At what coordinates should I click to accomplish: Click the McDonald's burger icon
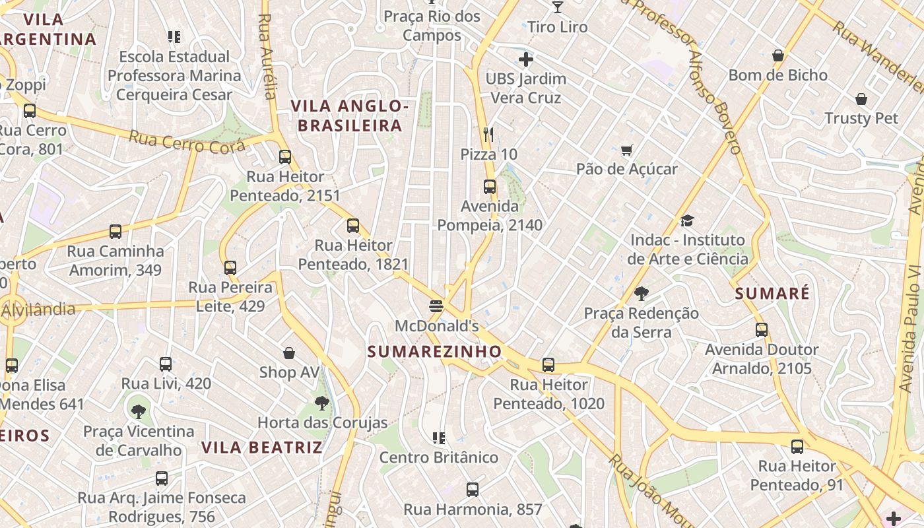point(436,306)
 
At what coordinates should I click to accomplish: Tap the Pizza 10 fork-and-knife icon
point(488,135)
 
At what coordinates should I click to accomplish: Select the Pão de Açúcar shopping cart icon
point(626,150)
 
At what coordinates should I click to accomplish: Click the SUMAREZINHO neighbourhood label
point(434,352)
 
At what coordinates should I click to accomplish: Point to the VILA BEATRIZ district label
point(262,447)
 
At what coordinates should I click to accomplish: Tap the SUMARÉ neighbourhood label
point(772,294)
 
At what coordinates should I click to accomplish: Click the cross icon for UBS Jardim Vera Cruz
point(525,60)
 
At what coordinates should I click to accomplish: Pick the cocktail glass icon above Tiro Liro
point(558,7)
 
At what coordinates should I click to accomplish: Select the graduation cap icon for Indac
point(687,220)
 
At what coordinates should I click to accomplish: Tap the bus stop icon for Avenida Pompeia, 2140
point(489,187)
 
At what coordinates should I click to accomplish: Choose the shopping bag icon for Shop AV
point(288,353)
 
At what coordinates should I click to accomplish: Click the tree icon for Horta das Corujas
point(321,403)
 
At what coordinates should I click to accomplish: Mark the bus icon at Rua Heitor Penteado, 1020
point(548,365)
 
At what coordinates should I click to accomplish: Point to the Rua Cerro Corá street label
point(186,141)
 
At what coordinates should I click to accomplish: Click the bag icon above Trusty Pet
point(861,99)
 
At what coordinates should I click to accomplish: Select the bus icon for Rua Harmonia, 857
point(472,490)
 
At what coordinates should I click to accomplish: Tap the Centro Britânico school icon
point(438,438)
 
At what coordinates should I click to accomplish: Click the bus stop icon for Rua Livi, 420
point(166,364)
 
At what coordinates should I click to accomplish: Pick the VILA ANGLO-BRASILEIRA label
point(346,115)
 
